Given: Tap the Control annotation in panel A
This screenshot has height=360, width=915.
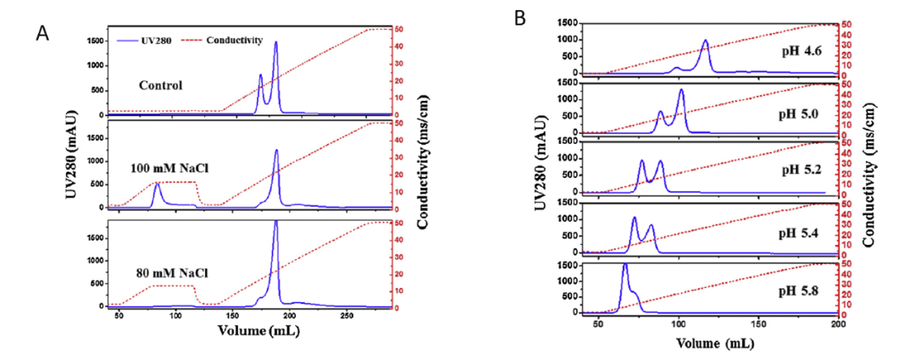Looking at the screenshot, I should pyautogui.click(x=164, y=86).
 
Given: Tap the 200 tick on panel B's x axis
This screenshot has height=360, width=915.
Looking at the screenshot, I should pyautogui.click(x=838, y=325).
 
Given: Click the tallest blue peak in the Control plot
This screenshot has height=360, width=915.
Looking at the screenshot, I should pyautogui.click(x=275, y=42).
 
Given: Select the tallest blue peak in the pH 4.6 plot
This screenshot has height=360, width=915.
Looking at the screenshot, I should pyautogui.click(x=705, y=41).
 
